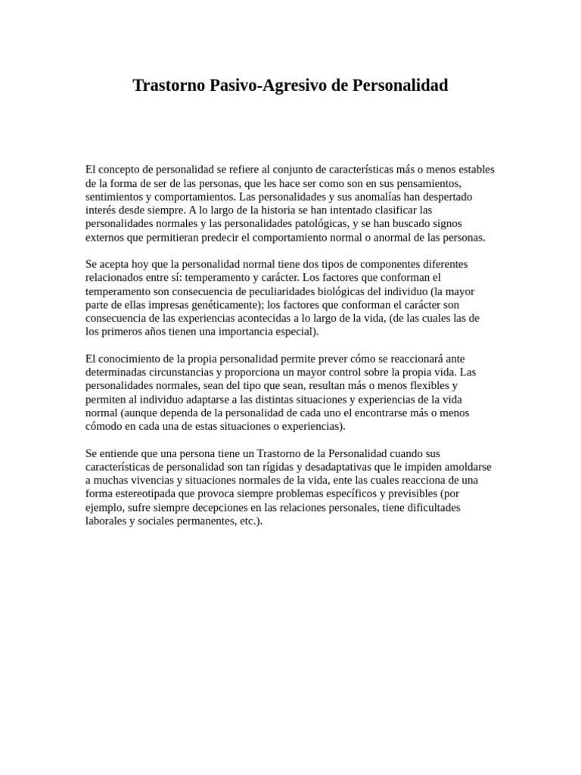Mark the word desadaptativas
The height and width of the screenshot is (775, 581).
coord(365,467)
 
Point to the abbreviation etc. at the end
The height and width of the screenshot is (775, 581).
coord(249,521)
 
